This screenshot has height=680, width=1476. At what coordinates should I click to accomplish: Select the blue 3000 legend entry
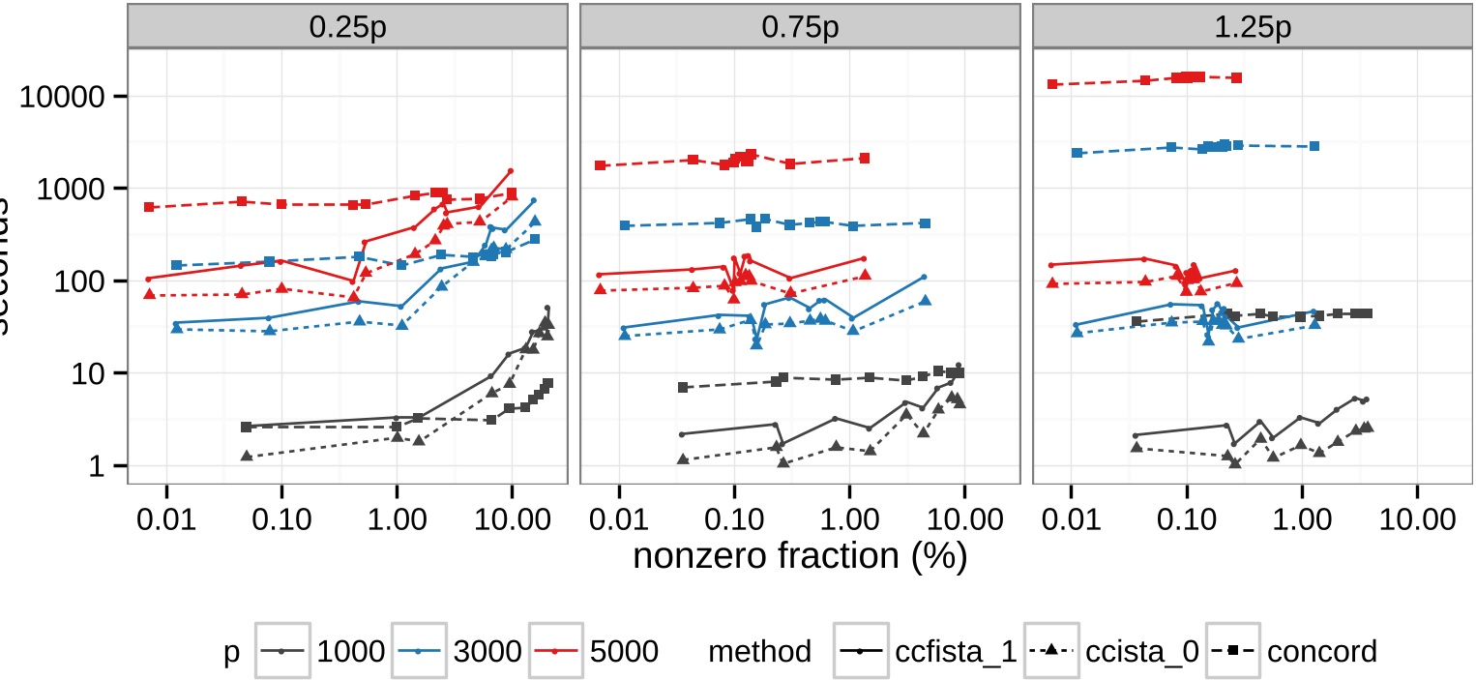pos(458,651)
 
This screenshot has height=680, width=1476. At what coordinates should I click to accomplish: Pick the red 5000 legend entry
pos(595,651)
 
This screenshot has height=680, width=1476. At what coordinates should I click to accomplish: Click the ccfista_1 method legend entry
pos(926,651)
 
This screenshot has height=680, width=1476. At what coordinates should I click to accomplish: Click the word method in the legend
pos(759,651)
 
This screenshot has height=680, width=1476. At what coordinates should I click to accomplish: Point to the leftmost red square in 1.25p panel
pos(1052,84)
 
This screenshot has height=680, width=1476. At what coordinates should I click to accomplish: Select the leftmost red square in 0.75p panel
pos(601,165)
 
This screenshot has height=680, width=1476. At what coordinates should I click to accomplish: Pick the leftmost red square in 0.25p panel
pos(149,207)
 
